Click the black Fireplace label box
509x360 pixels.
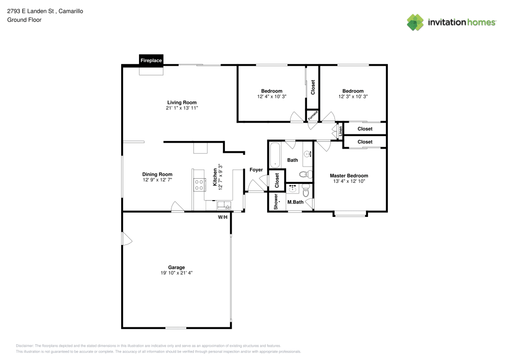pos(151,61)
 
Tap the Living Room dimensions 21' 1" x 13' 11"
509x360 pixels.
pos(182,108)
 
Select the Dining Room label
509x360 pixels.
pos(157,174)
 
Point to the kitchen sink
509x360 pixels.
pos(223,206)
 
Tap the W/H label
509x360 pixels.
pos(222,217)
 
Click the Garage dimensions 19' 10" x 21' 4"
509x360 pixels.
pos(177,273)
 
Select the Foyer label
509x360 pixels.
pos(256,170)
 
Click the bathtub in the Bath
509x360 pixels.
pos(275,155)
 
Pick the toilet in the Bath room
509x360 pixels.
pos(304,175)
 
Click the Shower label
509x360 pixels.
pos(276,202)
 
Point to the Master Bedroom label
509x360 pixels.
pos(350,176)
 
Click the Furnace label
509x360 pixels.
pos(313,116)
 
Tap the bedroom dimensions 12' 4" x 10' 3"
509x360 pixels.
pos(272,96)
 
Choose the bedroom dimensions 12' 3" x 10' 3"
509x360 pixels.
pos(353,96)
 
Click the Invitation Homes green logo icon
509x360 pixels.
pos(415,22)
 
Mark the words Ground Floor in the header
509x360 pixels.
pos(24,20)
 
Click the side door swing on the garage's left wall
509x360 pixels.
pos(127,239)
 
